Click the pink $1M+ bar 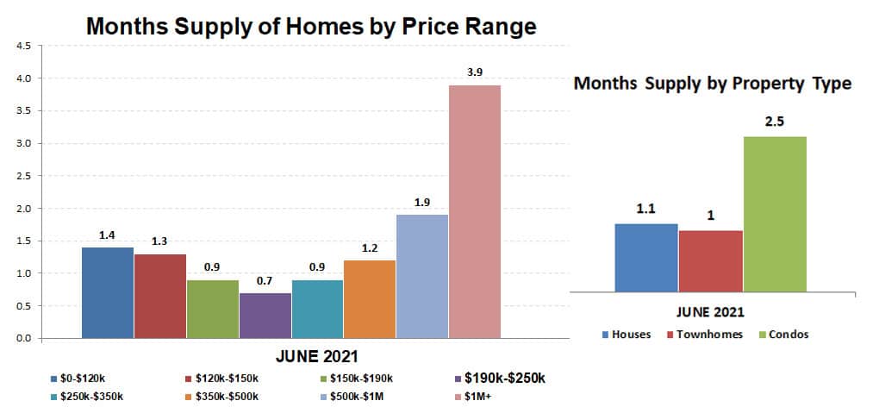click(x=474, y=211)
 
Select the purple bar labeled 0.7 click(x=265, y=315)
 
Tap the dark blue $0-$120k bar click(x=108, y=292)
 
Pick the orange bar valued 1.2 click(x=370, y=299)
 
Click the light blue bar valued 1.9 click(x=422, y=277)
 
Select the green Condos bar click(x=775, y=214)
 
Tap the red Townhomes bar click(x=711, y=260)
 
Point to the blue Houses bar click(x=646, y=257)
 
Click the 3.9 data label click(x=475, y=72)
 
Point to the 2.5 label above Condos click(x=774, y=122)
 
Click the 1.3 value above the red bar click(x=159, y=241)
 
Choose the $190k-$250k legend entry click(x=499, y=379)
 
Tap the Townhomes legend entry click(x=704, y=334)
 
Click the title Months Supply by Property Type click(x=713, y=84)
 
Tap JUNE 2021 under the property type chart click(x=710, y=311)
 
